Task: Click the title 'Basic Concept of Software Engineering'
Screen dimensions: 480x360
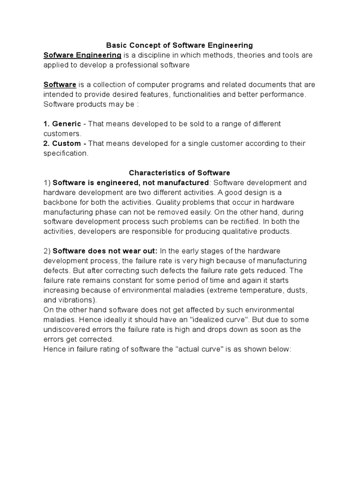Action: click(x=180, y=45)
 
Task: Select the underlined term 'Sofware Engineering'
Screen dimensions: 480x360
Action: click(x=82, y=55)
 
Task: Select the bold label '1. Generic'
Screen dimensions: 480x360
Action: click(x=62, y=124)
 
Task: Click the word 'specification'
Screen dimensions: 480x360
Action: click(x=65, y=153)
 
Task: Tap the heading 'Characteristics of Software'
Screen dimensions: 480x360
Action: click(x=180, y=173)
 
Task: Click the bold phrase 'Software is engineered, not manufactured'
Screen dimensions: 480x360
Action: click(x=130, y=182)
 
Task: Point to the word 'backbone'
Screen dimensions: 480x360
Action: click(x=59, y=202)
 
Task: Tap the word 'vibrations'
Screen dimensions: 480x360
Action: click(x=77, y=300)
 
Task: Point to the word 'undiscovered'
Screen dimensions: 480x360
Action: click(x=65, y=330)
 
